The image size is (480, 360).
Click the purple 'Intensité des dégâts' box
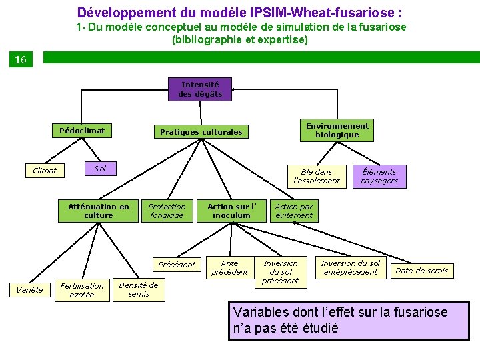pyautogui.click(x=200, y=89)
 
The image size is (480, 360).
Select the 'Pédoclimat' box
pyautogui.click(x=82, y=131)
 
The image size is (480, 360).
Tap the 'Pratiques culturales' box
pyautogui.click(x=201, y=132)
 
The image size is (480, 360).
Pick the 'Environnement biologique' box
pyautogui.click(x=337, y=130)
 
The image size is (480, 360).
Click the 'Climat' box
pyautogui.click(x=45, y=171)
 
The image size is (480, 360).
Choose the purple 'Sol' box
pyautogui.click(x=100, y=169)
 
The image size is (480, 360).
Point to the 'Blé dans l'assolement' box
pyautogui.click(x=316, y=176)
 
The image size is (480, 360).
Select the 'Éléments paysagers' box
pyautogui.click(x=379, y=176)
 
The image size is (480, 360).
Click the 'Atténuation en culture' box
pyautogui.click(x=99, y=211)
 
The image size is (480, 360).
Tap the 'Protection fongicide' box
pyautogui.click(x=167, y=211)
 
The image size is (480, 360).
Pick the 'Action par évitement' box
pyautogui.click(x=294, y=211)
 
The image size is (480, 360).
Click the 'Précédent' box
pyautogui.click(x=177, y=265)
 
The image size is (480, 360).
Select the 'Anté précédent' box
pyautogui.click(x=229, y=267)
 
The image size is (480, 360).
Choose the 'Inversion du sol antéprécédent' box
pyautogui.click(x=351, y=267)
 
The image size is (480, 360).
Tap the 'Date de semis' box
pyautogui.click(x=422, y=270)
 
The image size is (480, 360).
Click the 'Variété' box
pyautogui.click(x=29, y=290)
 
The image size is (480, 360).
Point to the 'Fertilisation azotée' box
pyautogui.click(x=82, y=290)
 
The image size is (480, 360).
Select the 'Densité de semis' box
pyautogui.click(x=139, y=289)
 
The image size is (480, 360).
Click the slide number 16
pyautogui.click(x=21, y=60)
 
